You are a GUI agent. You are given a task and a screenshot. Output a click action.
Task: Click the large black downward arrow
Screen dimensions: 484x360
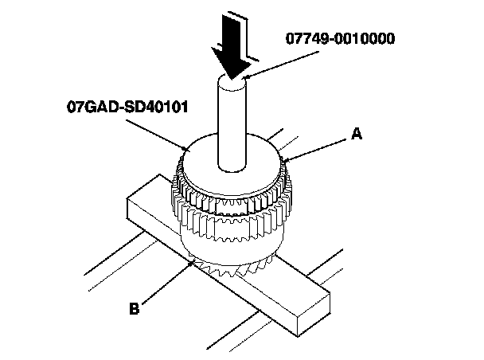pyautogui.click(x=230, y=48)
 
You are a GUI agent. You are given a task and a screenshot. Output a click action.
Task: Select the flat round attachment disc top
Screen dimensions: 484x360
pyautogui.click(x=207, y=159)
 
